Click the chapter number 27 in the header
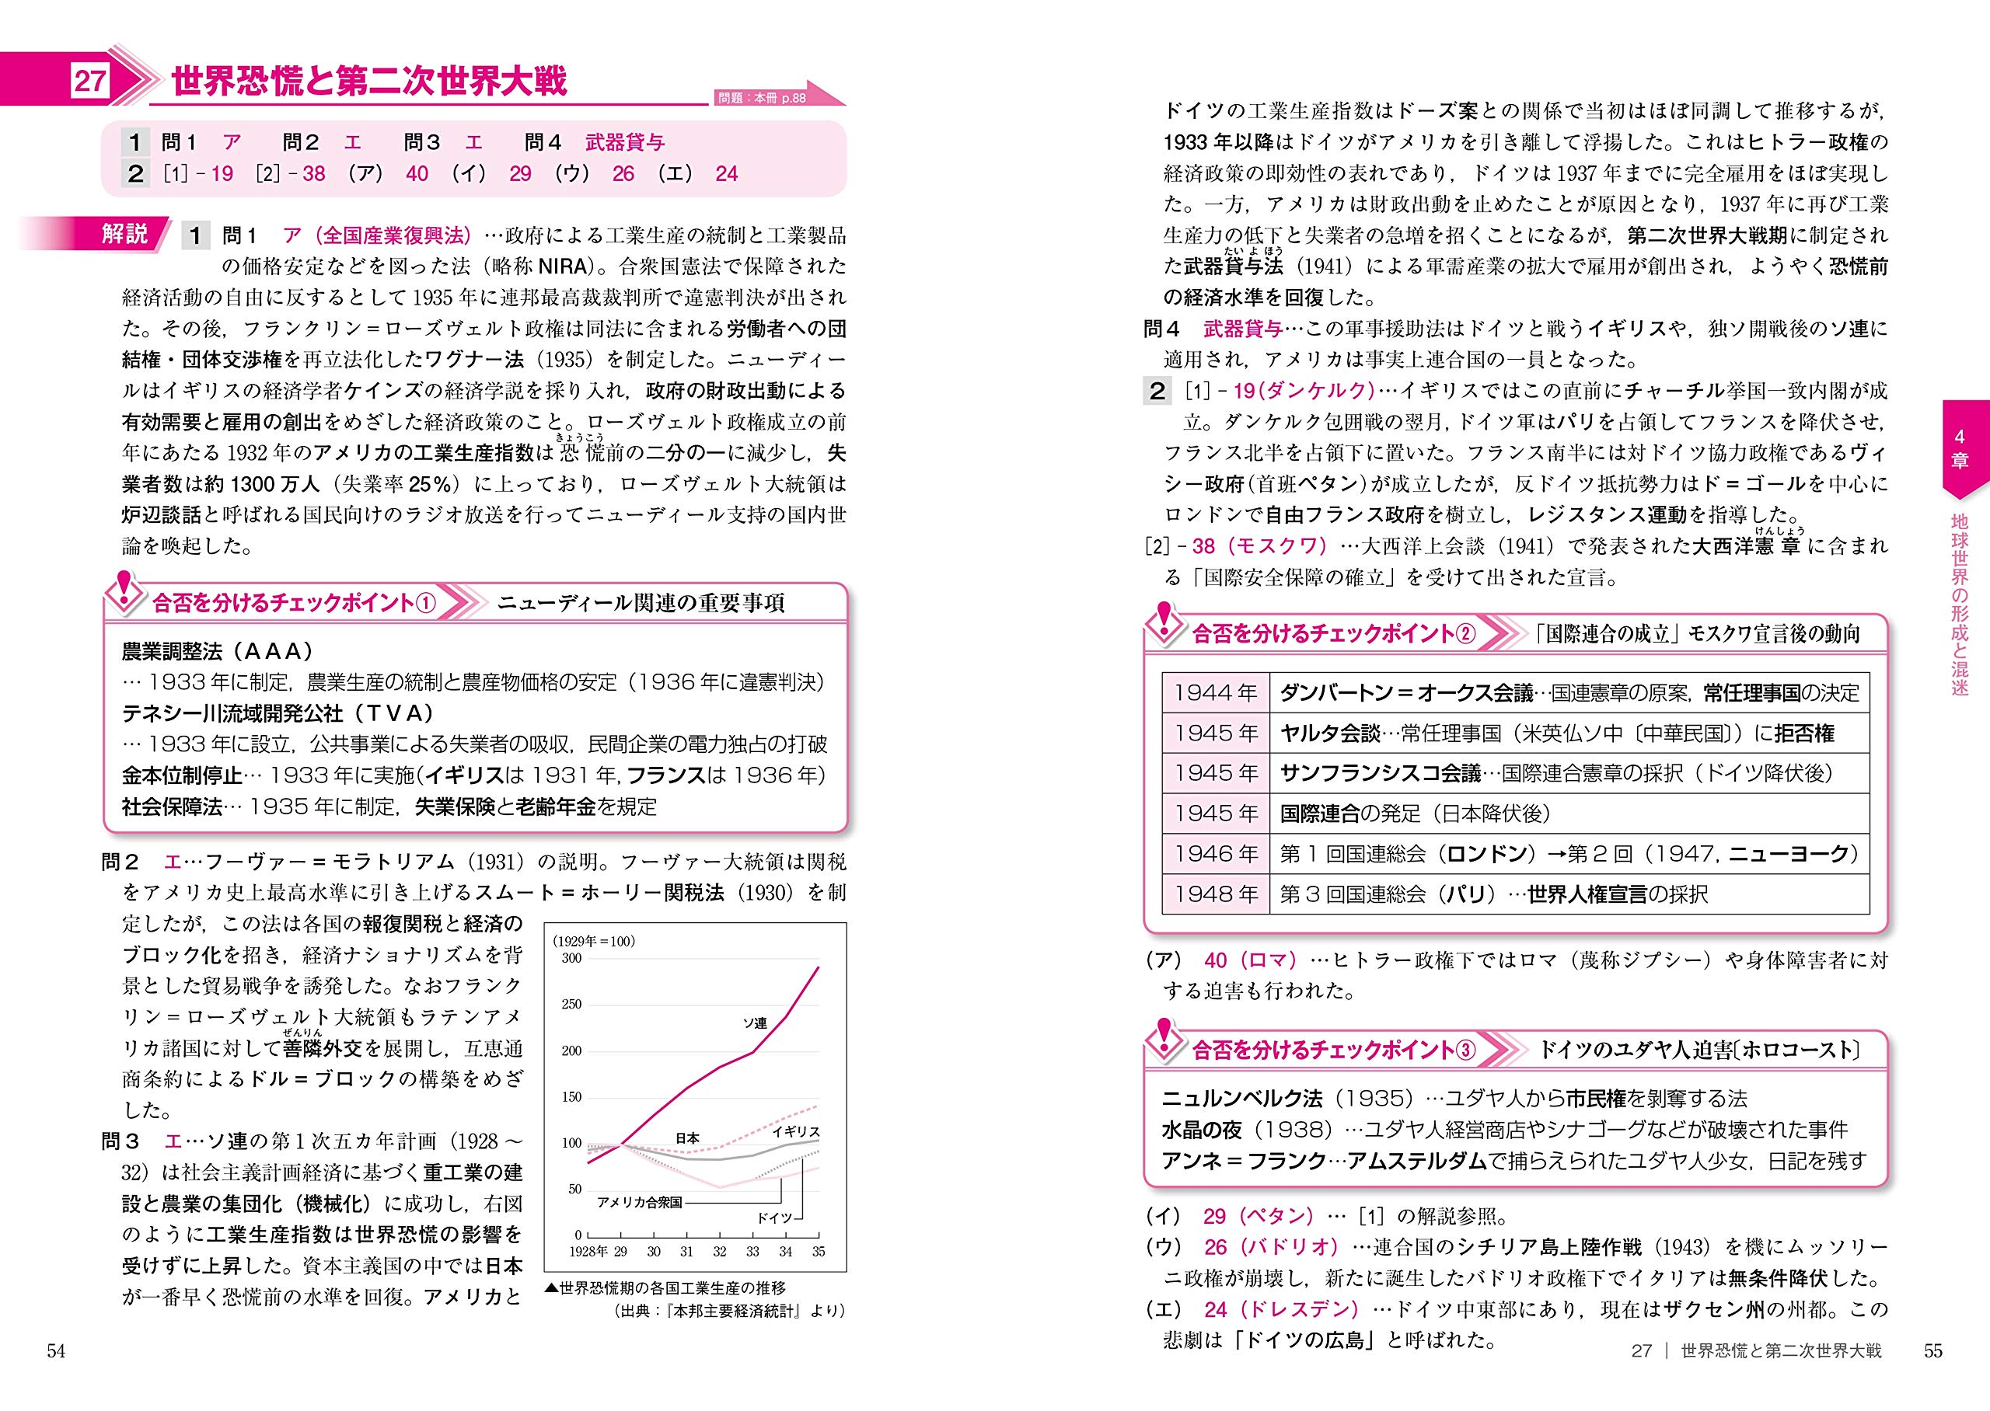(89, 81)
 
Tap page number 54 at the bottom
(56, 1350)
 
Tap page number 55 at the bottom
(1932, 1350)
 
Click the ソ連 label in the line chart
(754, 1023)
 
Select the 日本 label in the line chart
(687, 1138)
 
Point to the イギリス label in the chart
(795, 1131)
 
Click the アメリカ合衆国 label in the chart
(640, 1203)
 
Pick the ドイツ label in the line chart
(773, 1218)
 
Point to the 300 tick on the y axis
(571, 958)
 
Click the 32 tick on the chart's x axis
(720, 1252)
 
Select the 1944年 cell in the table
(1215, 692)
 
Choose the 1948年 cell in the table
(1215, 894)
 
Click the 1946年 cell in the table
(1215, 854)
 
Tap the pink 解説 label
(124, 234)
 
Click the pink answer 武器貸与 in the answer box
(625, 141)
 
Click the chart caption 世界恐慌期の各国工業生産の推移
(672, 1287)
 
